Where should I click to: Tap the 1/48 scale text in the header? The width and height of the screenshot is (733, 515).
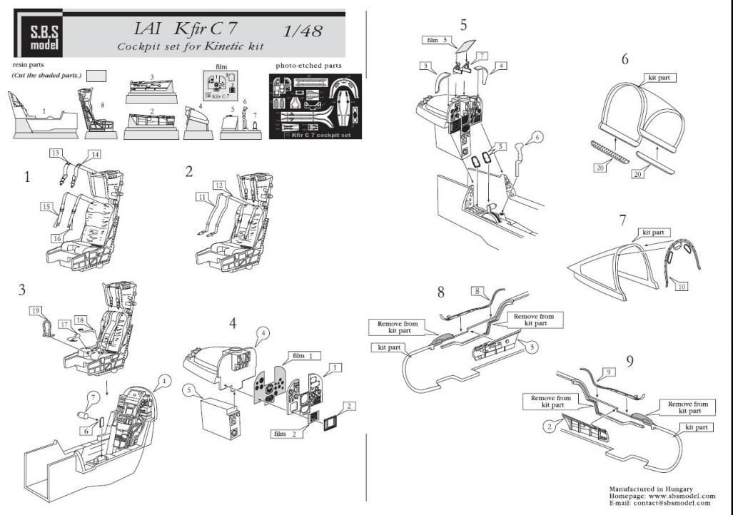coord(302,31)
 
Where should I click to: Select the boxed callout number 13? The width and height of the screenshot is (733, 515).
coord(56,153)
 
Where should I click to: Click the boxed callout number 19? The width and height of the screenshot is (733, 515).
coord(35,311)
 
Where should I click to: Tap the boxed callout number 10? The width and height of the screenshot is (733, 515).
coord(682,285)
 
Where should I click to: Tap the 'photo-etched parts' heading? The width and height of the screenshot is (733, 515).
coord(308,66)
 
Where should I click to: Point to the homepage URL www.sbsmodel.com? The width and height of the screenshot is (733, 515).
coord(675,496)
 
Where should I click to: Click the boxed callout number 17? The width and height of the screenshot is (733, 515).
coord(64,325)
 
